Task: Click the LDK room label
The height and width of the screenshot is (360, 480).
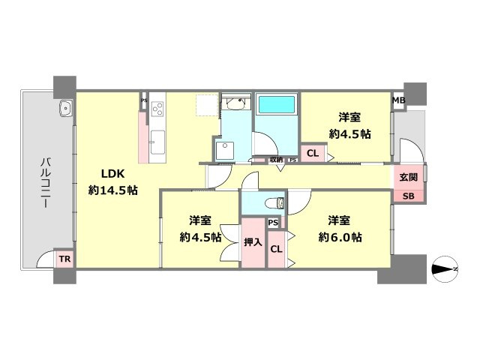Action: [112, 174]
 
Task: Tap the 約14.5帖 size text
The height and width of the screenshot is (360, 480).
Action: [113, 190]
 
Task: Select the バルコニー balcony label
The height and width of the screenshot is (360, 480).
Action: [46, 182]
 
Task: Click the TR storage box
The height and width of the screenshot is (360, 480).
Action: [64, 259]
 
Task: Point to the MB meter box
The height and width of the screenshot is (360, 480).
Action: [399, 100]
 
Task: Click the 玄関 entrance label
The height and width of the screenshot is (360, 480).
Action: [408, 177]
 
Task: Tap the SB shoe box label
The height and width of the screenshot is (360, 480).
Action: [408, 196]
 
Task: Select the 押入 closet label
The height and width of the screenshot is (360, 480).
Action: [253, 242]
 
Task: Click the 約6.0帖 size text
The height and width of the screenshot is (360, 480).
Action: [340, 237]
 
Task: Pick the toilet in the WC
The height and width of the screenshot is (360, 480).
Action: [275, 203]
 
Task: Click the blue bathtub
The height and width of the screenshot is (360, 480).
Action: [277, 104]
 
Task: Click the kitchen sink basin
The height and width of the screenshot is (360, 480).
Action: [157, 142]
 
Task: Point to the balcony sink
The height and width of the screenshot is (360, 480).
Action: [65, 108]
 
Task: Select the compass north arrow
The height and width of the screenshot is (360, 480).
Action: [445, 269]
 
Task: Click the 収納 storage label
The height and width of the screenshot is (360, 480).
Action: [277, 160]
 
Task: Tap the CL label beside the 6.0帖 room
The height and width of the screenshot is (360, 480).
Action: [276, 249]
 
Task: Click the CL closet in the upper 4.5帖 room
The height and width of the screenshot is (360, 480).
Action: [313, 153]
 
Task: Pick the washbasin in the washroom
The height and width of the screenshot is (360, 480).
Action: [235, 103]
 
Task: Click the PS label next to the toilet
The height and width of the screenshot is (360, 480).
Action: [273, 223]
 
